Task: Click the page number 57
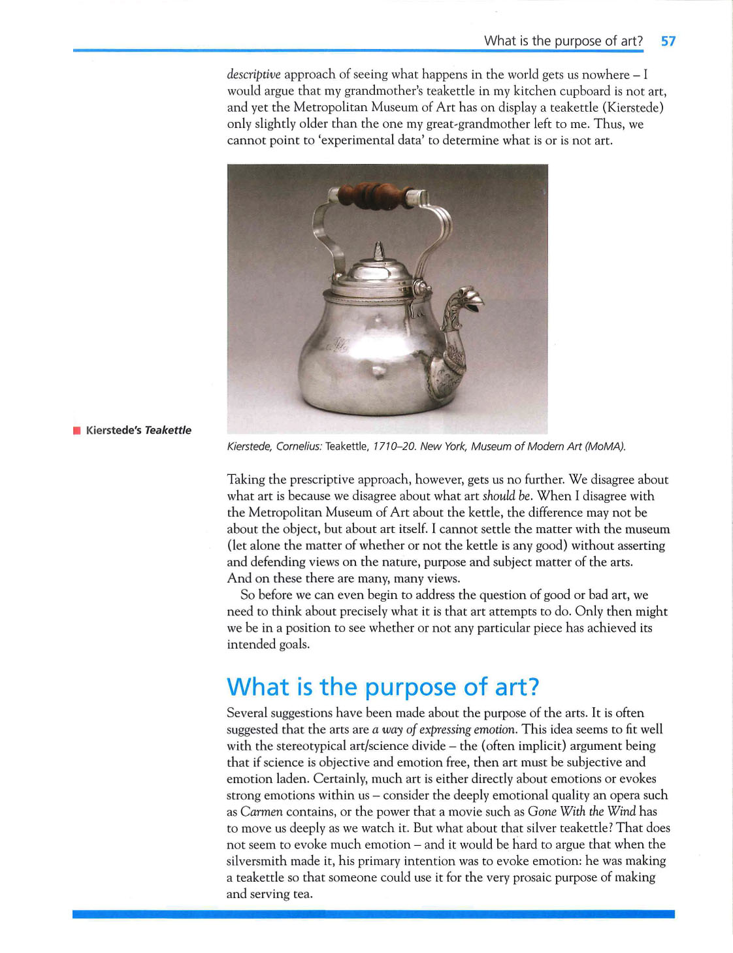(668, 41)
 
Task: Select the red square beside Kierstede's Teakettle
(77, 430)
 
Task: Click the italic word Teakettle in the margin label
(168, 430)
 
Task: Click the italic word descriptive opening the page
(253, 74)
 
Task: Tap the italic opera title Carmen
(261, 812)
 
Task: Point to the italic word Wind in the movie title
(621, 812)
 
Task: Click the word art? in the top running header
(632, 41)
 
